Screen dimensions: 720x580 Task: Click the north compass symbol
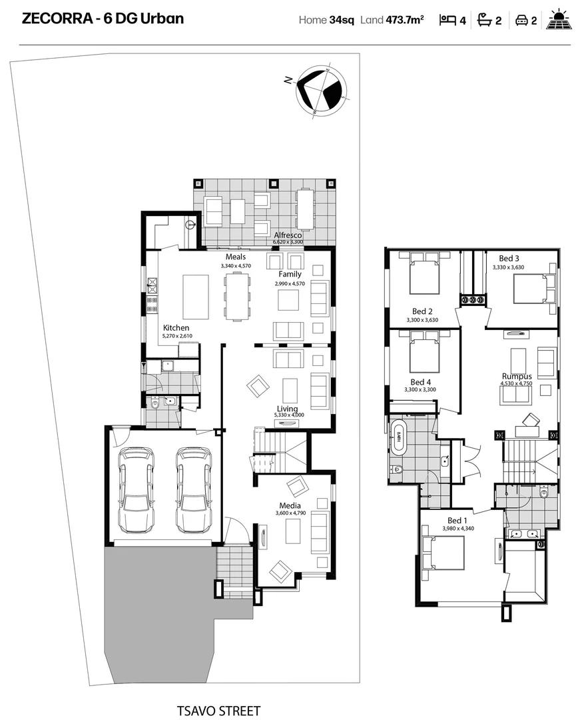[x=320, y=91]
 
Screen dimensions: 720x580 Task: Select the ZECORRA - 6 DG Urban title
[x=103, y=19]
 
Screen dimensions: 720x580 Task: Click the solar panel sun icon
[x=558, y=19]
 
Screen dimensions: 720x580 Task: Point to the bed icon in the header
[x=447, y=20]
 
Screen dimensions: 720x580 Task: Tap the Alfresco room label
[x=288, y=235]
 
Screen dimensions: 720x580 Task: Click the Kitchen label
[x=176, y=328]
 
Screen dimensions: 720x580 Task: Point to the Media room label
[x=290, y=505]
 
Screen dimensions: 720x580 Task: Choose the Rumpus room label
[x=517, y=377]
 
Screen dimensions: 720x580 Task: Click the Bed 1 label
[x=457, y=521]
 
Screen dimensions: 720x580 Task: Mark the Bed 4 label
[x=420, y=382]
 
